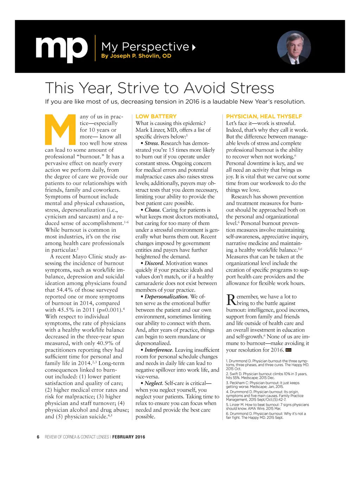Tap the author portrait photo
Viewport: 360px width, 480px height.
(294, 47)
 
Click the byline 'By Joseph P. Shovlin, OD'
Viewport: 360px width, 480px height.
(136, 56)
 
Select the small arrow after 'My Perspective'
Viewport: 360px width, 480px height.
(194, 47)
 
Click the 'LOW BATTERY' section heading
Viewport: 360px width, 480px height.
(156, 116)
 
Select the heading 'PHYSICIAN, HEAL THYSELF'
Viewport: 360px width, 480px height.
(264, 116)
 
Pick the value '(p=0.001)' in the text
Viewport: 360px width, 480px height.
(109, 310)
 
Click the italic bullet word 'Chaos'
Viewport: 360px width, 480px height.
(152, 210)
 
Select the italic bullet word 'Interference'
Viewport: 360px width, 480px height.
(158, 350)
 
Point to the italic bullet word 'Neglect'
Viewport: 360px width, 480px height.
(154, 383)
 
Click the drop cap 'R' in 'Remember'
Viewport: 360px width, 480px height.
(231, 300)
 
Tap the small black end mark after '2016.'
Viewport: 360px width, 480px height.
(289, 350)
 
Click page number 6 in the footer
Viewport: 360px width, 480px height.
(38, 437)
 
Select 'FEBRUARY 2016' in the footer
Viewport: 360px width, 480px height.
(129, 437)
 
